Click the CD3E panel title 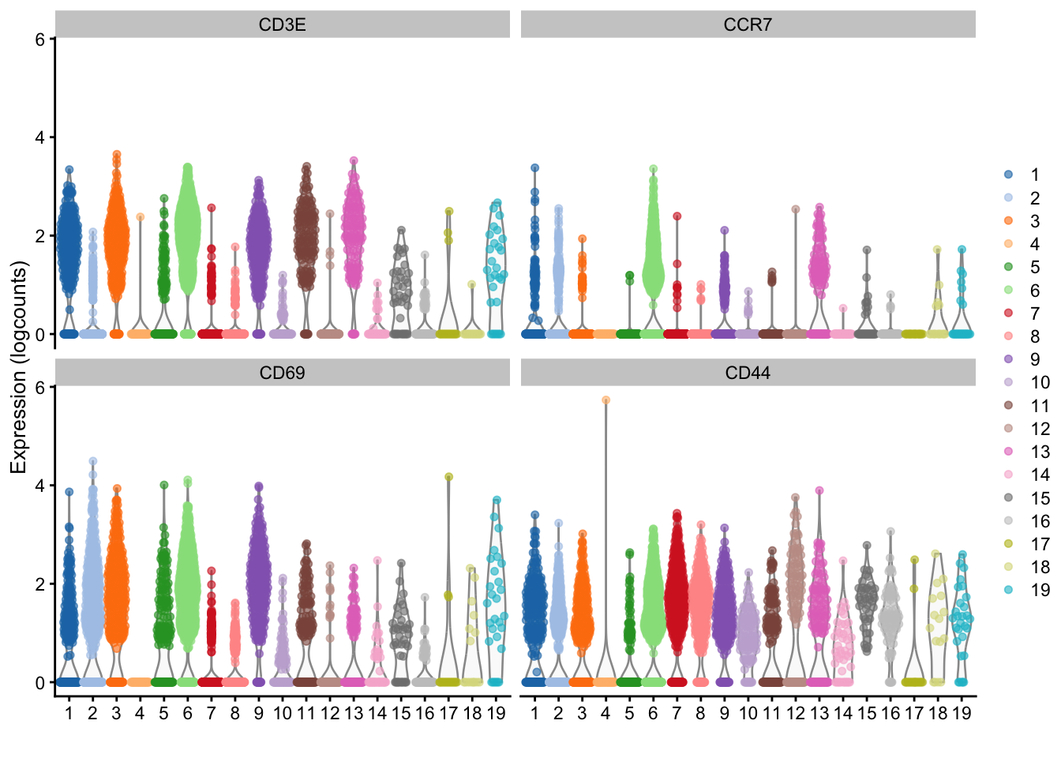click(282, 24)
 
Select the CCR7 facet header click(747, 24)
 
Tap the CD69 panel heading click(282, 373)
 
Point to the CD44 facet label click(747, 373)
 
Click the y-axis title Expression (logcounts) click(19, 367)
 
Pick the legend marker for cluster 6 click(1008, 291)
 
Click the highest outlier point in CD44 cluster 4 click(605, 400)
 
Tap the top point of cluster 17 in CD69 click(448, 477)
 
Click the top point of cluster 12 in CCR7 click(795, 209)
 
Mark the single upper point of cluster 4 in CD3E click(140, 216)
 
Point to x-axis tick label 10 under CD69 click(282, 714)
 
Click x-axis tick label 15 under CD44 click(866, 714)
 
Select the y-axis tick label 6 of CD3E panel click(39, 39)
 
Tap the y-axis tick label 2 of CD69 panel click(39, 584)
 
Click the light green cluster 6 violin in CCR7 click(653, 253)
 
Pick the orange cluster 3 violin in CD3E click(116, 237)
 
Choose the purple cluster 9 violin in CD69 click(258, 576)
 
